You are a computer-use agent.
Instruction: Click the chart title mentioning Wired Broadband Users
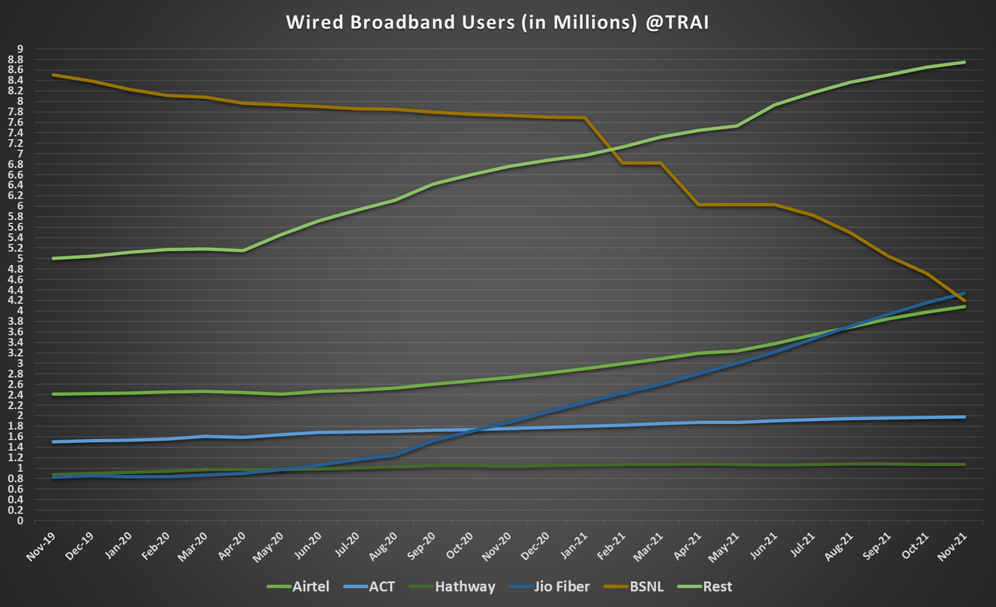pos(497,23)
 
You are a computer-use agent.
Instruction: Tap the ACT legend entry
pos(380,587)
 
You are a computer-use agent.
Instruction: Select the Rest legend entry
pos(716,587)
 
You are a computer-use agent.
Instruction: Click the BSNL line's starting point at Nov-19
pos(52,75)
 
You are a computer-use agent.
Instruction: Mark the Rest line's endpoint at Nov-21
pos(965,62)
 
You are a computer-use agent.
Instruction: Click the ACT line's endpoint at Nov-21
pos(965,417)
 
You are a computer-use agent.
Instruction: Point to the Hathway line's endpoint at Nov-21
pos(965,465)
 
